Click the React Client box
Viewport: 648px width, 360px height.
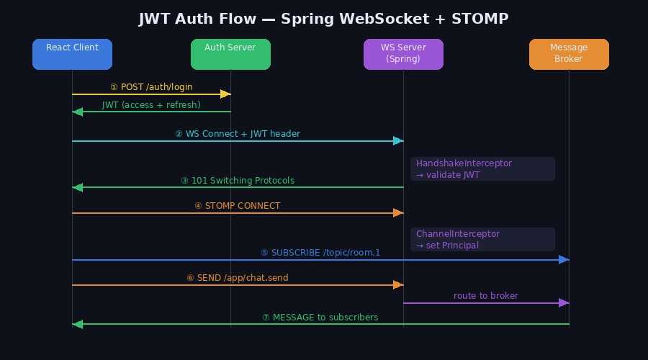tap(72, 54)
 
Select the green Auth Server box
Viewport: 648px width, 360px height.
tap(230, 54)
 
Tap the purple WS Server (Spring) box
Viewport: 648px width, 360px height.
tap(403, 54)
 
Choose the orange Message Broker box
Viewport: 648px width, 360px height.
tap(569, 54)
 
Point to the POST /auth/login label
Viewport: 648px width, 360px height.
tap(151, 87)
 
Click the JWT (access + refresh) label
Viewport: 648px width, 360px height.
tap(151, 105)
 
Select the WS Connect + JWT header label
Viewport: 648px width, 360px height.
tap(238, 134)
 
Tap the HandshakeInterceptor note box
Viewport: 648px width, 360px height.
tap(482, 168)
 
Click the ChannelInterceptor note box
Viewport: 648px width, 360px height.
tap(482, 239)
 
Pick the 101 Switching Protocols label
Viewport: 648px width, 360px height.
tap(238, 181)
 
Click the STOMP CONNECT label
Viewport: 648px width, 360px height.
tap(238, 206)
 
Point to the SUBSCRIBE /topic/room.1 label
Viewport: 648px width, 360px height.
tap(320, 253)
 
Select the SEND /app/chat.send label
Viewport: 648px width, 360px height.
tap(238, 278)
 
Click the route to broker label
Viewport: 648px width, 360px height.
tap(486, 296)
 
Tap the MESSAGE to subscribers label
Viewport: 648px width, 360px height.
tap(320, 318)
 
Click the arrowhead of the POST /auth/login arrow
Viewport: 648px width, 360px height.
tap(225, 94)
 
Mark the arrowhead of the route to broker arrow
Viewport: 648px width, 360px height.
tap(564, 302)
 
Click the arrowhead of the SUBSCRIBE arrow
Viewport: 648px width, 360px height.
tap(564, 259)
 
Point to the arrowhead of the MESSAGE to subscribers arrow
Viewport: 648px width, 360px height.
tap(78, 324)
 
